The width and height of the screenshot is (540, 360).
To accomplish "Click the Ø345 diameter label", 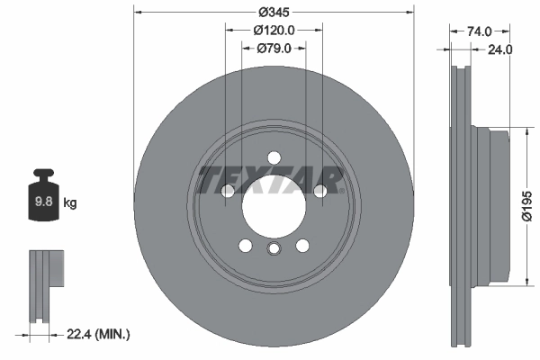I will coord(273,12).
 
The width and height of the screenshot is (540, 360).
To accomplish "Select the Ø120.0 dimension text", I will coord(273,30).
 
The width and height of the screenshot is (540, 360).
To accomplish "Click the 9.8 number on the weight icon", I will coord(42,202).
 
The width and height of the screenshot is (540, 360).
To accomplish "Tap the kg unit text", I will coord(70,202).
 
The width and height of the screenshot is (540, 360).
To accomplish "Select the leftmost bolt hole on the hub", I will coord(228,191).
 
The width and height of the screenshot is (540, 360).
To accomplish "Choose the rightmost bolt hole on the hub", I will coord(319,190).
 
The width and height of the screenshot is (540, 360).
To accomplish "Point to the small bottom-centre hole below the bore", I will coord(274,249).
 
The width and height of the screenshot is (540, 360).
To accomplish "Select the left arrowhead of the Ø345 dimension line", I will coord(138,12).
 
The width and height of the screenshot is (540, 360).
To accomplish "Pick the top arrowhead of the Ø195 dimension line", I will coord(525,133).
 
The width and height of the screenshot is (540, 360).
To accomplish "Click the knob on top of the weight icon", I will coord(42,173).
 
